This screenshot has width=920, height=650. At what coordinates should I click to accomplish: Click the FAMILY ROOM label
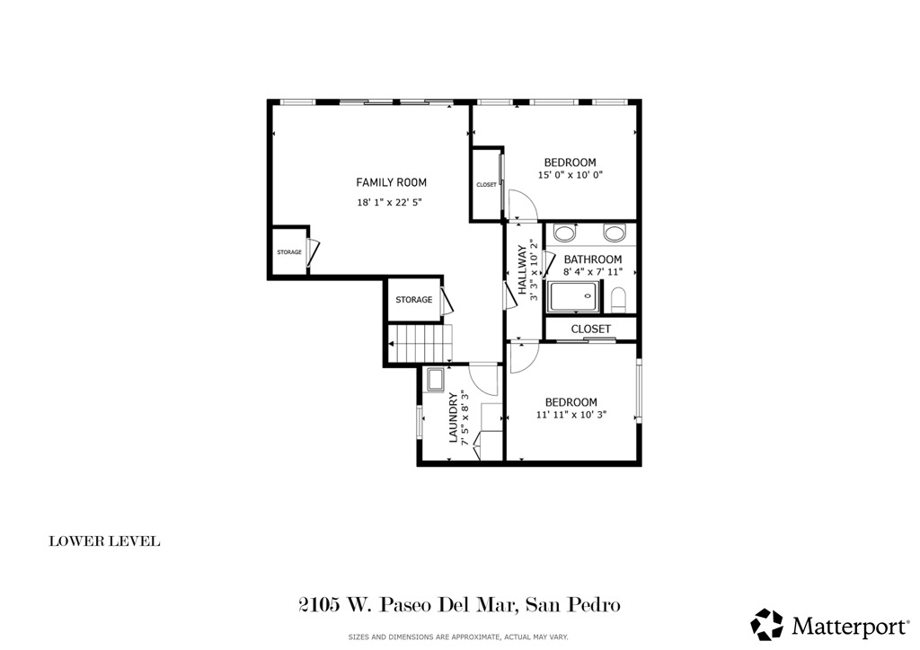[x=391, y=182]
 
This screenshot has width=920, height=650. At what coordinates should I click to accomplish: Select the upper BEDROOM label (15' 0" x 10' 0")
[x=570, y=162]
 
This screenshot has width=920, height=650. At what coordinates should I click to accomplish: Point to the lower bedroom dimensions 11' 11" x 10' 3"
[x=572, y=415]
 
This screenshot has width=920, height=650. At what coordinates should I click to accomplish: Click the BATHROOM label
[x=592, y=259]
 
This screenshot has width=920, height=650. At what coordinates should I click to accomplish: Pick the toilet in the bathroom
[x=618, y=297]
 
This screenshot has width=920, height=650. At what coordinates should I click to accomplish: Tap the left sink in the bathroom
[x=565, y=233]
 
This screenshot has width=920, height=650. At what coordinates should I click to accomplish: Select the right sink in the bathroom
[x=615, y=233]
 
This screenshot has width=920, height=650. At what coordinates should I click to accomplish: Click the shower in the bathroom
[x=572, y=297]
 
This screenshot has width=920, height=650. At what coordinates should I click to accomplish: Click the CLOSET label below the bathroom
[x=590, y=329]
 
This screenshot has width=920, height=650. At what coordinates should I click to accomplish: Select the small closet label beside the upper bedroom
[x=486, y=185]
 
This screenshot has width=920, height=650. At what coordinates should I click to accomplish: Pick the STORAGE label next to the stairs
[x=413, y=300]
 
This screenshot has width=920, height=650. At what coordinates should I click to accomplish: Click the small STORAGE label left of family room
[x=289, y=252]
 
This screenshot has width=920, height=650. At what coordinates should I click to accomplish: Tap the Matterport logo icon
[x=766, y=624]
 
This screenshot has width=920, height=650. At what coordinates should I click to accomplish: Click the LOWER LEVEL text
[x=104, y=541]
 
